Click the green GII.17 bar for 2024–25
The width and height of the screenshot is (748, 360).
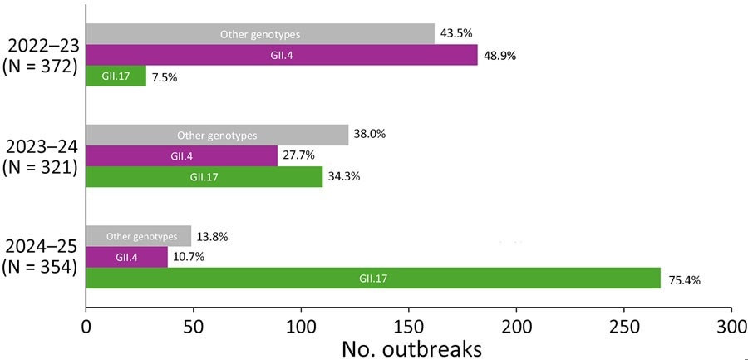pyautogui.click(x=373, y=279)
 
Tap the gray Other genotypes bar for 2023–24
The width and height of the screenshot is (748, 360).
pyautogui.click(x=217, y=135)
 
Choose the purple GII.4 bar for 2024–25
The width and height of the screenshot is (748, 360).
pyautogui.click(x=126, y=258)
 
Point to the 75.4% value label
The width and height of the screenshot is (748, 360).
pyautogui.click(x=684, y=280)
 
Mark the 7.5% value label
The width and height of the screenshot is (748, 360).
pyautogui.click(x=165, y=78)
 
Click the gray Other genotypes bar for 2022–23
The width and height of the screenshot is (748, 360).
pyautogui.click(x=260, y=34)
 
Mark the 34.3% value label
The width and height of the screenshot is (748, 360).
pyautogui.click(x=346, y=177)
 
